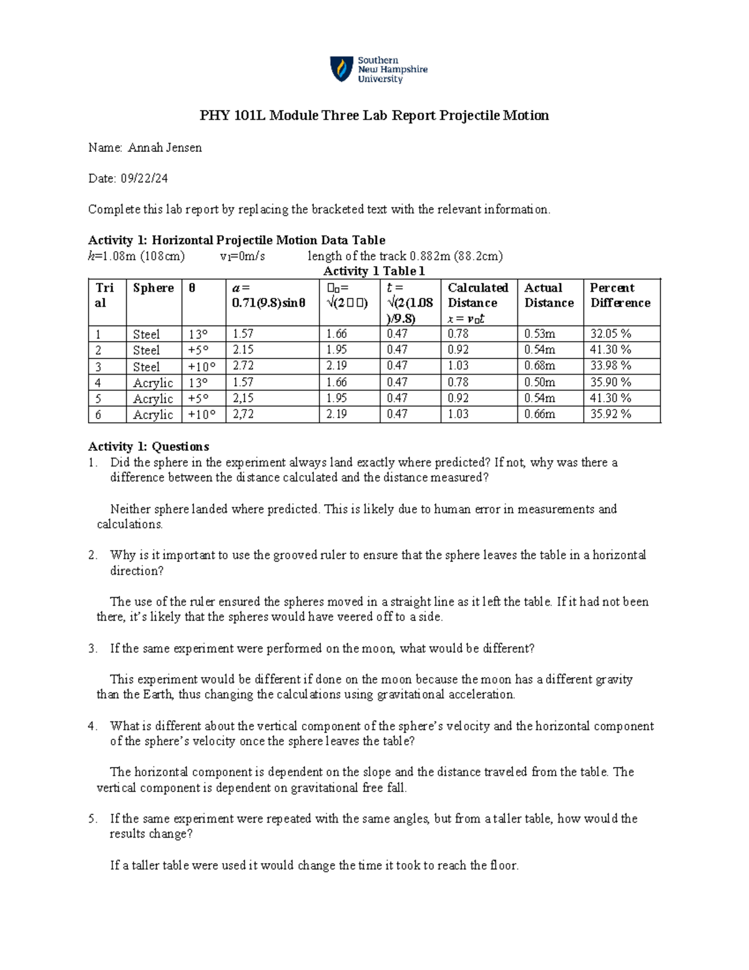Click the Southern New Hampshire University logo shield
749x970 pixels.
click(x=341, y=69)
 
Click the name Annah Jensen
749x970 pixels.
click(x=165, y=148)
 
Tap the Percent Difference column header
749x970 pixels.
click(x=620, y=295)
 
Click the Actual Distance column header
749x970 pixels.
click(x=549, y=295)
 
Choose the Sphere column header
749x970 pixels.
click(x=153, y=288)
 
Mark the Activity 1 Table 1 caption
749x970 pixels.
click(x=374, y=271)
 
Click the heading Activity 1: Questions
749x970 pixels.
click(x=149, y=447)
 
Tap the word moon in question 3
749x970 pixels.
click(x=378, y=648)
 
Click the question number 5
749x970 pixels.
click(x=92, y=819)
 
